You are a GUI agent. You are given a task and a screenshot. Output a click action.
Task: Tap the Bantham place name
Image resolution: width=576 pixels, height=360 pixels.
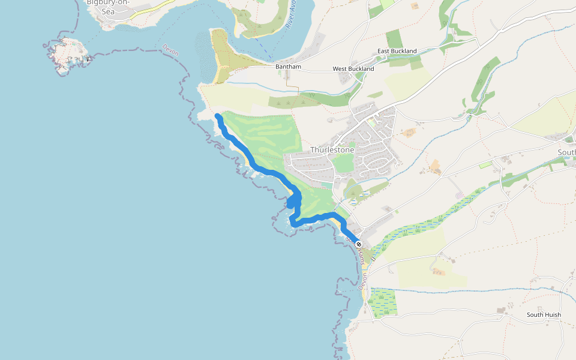288,67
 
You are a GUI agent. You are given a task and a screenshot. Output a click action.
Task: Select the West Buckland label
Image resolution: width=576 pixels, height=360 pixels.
353,69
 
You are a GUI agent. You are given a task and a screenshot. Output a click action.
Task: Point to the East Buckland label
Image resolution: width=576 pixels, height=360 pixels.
397,51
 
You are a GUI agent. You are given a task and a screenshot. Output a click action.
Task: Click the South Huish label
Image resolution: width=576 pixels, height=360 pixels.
544,315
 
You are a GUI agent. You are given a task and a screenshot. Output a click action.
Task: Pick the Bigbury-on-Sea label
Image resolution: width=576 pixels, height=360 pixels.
108,7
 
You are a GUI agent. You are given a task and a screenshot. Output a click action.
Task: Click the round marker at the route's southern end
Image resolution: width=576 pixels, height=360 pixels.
358,244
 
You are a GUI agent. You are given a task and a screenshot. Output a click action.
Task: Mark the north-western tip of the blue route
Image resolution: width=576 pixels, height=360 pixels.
217,115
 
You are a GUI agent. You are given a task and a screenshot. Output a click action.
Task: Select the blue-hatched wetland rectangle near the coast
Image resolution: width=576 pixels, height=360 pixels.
383,302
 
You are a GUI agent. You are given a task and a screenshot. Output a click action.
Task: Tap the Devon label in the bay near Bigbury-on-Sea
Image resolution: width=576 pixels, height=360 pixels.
170,50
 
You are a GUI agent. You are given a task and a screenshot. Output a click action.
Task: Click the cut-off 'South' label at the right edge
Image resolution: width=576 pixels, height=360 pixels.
566,152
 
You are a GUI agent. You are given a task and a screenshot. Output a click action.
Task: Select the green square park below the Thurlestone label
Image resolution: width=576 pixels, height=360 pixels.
343,163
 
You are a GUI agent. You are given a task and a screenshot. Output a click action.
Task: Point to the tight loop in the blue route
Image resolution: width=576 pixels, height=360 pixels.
295,200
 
